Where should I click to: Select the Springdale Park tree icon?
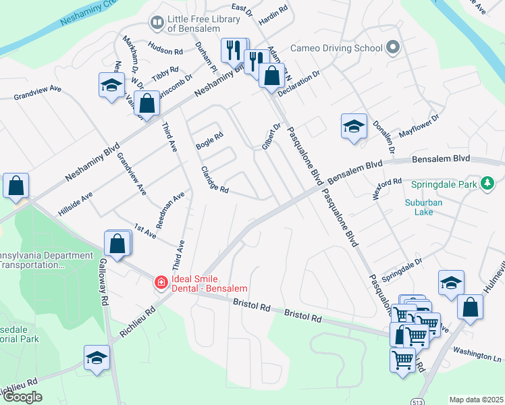[487, 183]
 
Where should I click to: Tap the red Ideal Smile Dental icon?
[161, 282]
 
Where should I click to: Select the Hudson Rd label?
[165, 51]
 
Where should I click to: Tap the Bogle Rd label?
[209, 140]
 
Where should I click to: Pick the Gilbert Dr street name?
[271, 136]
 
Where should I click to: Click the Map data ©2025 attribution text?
[475, 400]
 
